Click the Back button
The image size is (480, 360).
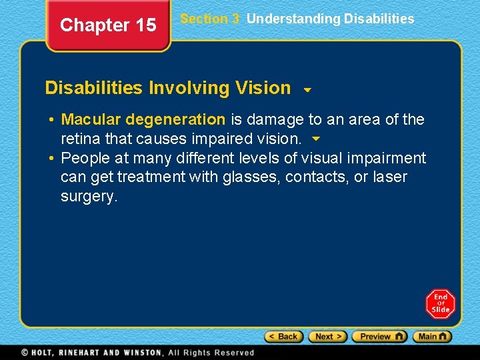(283, 337)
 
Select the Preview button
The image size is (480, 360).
(379, 337)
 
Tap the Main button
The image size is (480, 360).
(432, 337)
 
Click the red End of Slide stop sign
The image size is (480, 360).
(441, 303)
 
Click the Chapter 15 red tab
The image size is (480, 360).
(108, 25)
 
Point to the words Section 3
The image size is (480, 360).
(209, 19)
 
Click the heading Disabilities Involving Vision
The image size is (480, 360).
(168, 88)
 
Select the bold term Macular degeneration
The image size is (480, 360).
(143, 120)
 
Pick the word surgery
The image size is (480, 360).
(87, 197)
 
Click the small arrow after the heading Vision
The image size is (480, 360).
(307, 89)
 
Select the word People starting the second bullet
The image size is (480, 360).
(85, 159)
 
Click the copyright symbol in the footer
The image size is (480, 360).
(25, 353)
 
